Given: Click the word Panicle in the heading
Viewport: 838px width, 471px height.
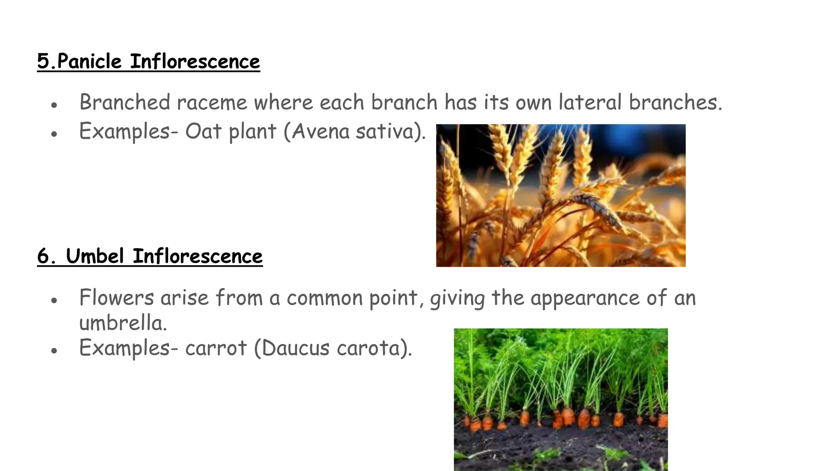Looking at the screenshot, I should pos(89,62).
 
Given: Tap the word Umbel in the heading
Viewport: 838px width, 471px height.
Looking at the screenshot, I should pos(95,257).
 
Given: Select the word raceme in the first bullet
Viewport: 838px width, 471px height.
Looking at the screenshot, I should pos(212,103).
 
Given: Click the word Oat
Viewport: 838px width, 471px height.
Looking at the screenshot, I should pos(203,132).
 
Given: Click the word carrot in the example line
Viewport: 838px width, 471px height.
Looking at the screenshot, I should pos(216,348).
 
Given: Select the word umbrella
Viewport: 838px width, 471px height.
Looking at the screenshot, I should pos(123,323).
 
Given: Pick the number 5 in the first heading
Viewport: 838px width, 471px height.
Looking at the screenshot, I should pos(43,62).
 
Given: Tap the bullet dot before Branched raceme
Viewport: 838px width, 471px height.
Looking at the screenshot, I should pos(54,105).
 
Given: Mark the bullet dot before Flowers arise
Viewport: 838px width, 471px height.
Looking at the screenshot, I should pos(54,301).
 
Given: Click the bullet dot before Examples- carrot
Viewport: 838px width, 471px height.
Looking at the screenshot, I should pos(54,351).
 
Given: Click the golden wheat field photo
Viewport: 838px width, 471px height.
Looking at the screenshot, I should pos(561,195).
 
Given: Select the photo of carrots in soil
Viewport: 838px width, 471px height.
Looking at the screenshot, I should pos(561,399).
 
